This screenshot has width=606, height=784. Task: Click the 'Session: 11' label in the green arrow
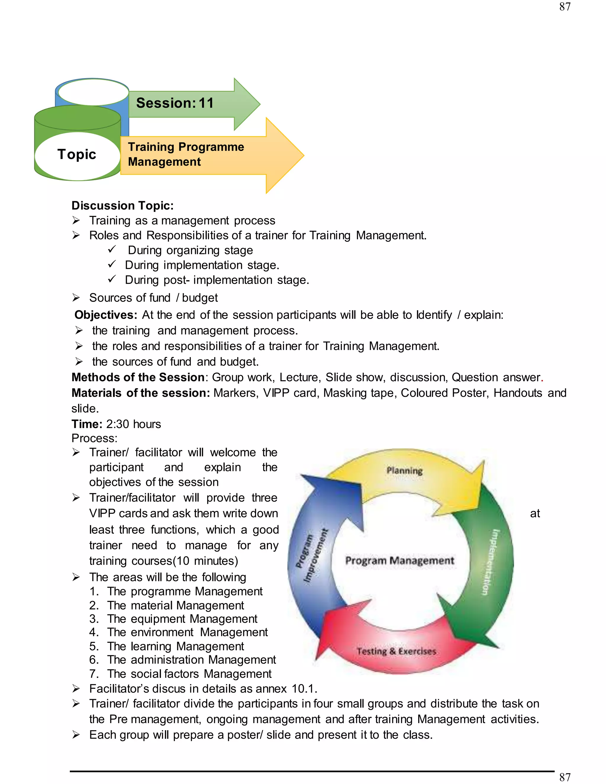tap(175, 103)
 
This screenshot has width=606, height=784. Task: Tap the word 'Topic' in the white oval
tap(77, 154)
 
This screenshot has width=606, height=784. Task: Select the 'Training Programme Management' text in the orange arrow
tap(186, 154)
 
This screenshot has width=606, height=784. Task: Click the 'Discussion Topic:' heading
tap(123, 205)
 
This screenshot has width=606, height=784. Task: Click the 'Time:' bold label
tap(87, 424)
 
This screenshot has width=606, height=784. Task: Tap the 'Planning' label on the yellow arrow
tap(404, 470)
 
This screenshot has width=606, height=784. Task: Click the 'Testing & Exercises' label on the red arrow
tap(396, 651)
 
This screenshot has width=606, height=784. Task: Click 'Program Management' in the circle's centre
tap(399, 560)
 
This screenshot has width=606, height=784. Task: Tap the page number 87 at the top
tap(565, 7)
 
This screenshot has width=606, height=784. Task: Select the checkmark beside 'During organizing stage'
tap(112, 249)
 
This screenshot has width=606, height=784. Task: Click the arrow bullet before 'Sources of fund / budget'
tap(76, 298)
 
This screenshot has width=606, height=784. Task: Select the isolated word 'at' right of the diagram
tap(535, 514)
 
